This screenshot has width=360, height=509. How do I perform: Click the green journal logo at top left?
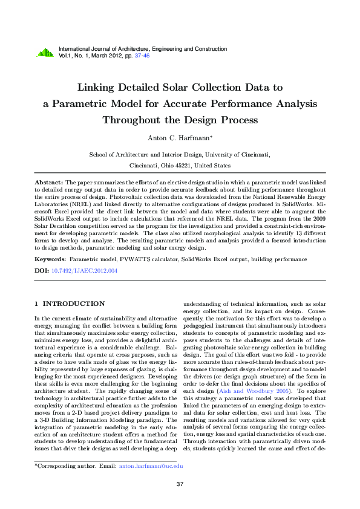45,53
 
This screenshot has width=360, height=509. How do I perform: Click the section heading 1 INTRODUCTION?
70,303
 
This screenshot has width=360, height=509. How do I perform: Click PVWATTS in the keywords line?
137,259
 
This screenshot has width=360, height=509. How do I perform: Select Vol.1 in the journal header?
65,55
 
